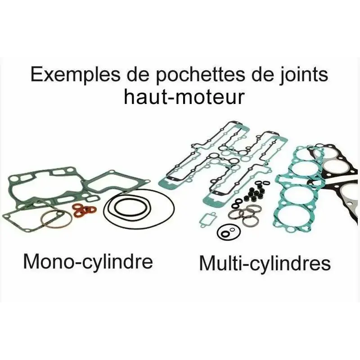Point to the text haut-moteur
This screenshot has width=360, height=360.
click(x=184, y=96)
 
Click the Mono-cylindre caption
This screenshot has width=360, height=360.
click(x=88, y=261)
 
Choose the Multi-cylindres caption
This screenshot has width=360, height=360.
click(x=265, y=263)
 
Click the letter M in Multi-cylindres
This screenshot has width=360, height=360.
click(x=207, y=263)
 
